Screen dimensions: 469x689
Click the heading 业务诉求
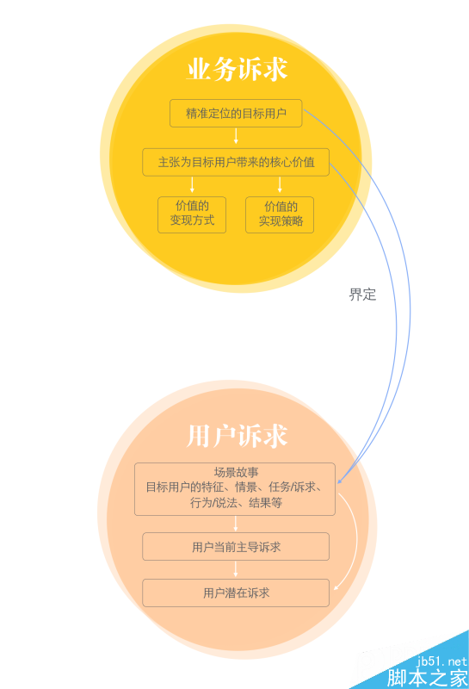pyautogui.click(x=237, y=69)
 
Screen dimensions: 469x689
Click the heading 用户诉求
pyautogui.click(x=237, y=436)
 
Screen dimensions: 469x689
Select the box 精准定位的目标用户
pyautogui.click(x=236, y=114)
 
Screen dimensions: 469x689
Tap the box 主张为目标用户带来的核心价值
pyautogui.click(x=236, y=162)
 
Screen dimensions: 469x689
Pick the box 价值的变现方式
pyautogui.click(x=192, y=214)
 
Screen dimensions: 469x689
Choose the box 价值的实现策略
pyautogui.click(x=280, y=214)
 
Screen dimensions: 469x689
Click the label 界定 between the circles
pyautogui.click(x=363, y=295)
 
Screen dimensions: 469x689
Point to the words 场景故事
pyautogui.click(x=236, y=472)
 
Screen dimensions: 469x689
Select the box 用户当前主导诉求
pyautogui.click(x=236, y=547)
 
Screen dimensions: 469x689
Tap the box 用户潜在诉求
pyautogui.click(x=236, y=593)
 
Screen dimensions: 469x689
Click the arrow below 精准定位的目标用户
pyautogui.click(x=236, y=136)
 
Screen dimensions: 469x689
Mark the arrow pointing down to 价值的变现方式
pyautogui.click(x=192, y=184)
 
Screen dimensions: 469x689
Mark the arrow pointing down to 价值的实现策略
pyautogui.click(x=280, y=184)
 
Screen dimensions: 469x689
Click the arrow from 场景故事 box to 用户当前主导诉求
pyautogui.click(x=236, y=524)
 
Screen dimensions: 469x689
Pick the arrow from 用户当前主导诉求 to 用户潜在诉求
pyautogui.click(x=236, y=569)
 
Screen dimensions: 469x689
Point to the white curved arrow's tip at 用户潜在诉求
pyautogui.click(x=335, y=589)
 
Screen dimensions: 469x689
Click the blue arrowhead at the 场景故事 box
pyautogui.click(x=339, y=481)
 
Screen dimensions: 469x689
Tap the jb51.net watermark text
pyautogui.click(x=441, y=661)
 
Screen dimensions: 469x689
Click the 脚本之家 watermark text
pyautogui.click(x=427, y=678)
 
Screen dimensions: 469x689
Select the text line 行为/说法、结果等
pyautogui.click(x=236, y=502)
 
